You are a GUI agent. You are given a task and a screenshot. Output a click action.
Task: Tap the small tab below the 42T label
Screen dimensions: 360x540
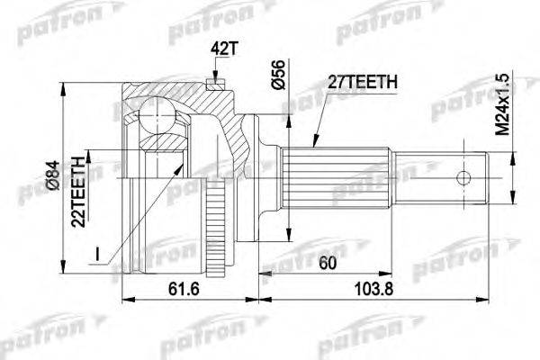coord(213,85)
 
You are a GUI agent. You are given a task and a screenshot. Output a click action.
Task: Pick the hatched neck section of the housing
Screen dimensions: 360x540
coord(236,135)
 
